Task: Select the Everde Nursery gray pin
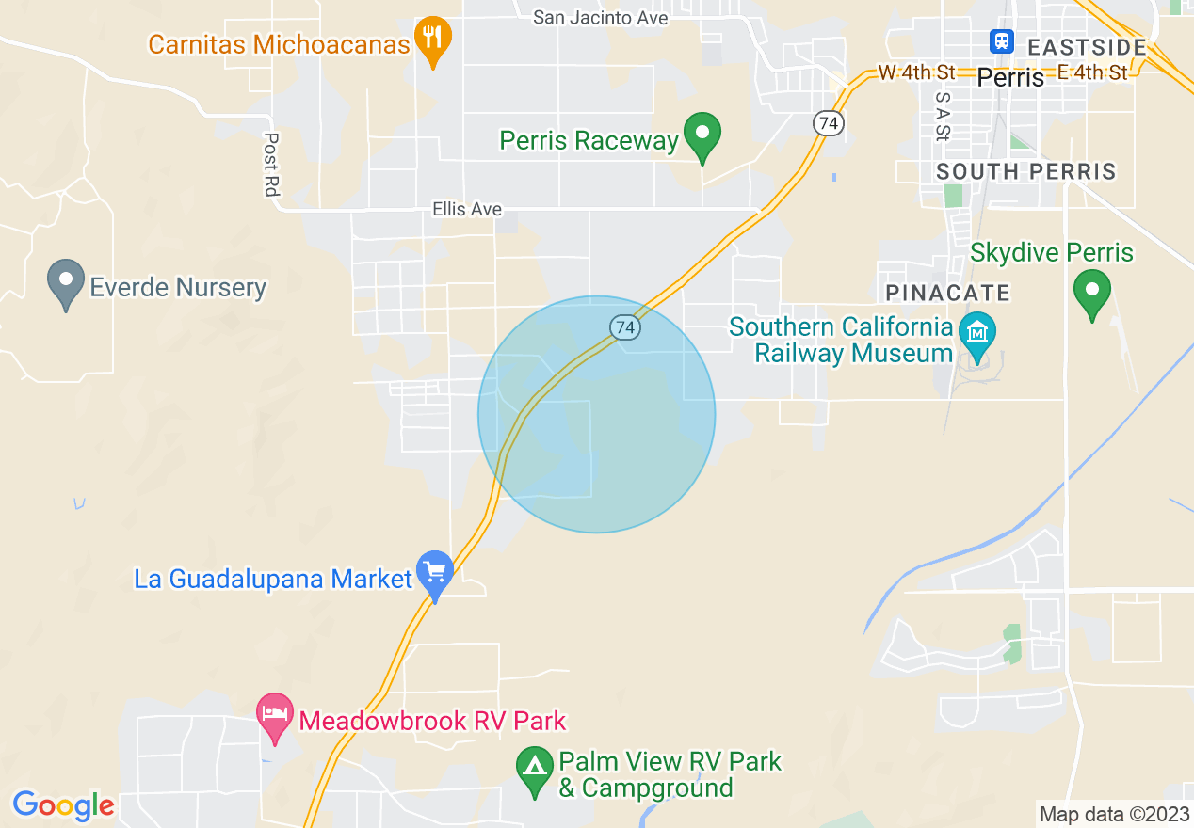point(66,283)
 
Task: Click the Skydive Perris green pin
point(1092,292)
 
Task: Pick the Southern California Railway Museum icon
point(977,335)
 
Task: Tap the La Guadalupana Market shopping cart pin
point(434,573)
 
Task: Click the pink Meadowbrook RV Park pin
point(274,717)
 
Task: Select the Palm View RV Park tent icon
point(535,771)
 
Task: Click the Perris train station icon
point(1000,41)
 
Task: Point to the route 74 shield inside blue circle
point(624,327)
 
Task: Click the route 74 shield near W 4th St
point(828,123)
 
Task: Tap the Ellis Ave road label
point(467,209)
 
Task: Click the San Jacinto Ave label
point(600,18)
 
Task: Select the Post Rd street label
point(271,165)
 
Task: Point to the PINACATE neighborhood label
point(947,293)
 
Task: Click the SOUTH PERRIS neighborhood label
point(1025,171)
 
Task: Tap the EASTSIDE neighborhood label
point(1087,47)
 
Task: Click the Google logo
point(63,805)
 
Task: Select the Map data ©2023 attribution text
point(1114,814)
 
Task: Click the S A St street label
point(943,116)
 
